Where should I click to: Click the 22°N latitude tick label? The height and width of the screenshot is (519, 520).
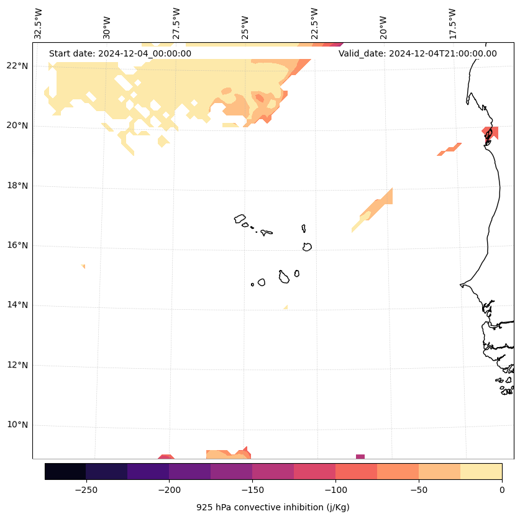(18, 66)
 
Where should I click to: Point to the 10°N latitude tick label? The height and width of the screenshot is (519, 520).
(18, 425)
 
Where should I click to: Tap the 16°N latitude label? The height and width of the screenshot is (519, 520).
(18, 246)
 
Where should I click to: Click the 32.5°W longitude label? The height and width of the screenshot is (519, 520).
(39, 23)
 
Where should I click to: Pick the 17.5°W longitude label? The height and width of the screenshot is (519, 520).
(453, 23)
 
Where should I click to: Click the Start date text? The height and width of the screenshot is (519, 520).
(120, 53)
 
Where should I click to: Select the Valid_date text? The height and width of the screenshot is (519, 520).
(417, 53)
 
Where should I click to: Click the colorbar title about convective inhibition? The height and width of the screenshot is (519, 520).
(273, 507)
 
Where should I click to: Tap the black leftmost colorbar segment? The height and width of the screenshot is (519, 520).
(65, 471)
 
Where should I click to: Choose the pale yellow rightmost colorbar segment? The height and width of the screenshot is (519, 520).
(481, 471)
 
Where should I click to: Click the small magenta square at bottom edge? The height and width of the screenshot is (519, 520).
(360, 456)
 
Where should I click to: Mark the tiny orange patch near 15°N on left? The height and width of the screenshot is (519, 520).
(83, 266)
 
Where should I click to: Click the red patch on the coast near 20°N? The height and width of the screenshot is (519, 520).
(489, 133)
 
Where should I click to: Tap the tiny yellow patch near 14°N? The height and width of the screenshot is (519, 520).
(285, 307)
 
